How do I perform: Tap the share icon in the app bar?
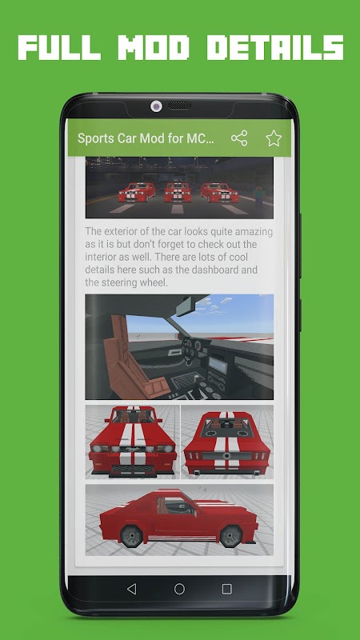239,138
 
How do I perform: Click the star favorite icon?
274,138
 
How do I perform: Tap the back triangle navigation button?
131,589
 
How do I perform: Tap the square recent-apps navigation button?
227,589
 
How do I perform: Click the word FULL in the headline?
59,48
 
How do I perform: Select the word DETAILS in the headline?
275,48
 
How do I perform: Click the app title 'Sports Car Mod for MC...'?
146,138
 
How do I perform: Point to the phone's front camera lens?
156,106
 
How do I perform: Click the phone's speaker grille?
179,106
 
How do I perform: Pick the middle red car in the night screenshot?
178,192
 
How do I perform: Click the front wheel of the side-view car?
231,535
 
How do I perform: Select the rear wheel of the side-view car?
131,535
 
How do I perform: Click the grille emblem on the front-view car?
132,449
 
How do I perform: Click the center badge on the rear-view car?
226,455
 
